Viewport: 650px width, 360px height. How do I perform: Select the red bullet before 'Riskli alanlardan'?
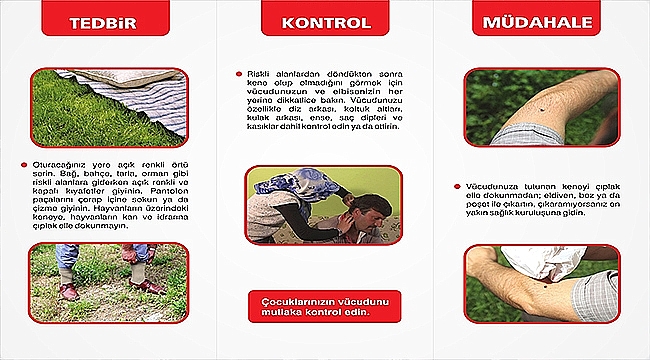[238, 74]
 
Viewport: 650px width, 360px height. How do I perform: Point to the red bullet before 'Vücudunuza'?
[456, 185]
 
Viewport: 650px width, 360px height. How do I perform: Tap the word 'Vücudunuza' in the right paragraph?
[490, 185]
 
